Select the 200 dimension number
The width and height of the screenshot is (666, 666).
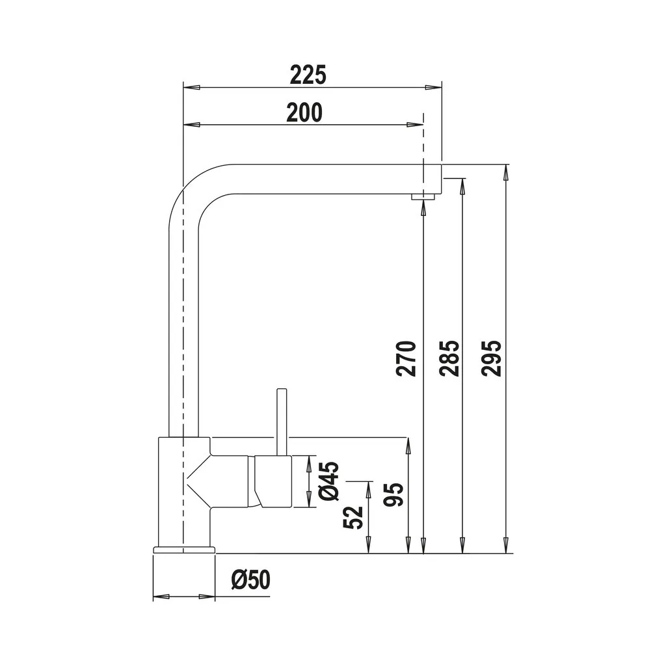coord(304,112)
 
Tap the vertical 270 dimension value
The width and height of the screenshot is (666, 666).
coord(406,358)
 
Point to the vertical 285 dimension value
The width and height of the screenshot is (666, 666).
coord(450,358)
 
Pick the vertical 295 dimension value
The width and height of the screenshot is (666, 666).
coord(492,358)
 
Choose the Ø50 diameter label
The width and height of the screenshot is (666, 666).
coord(251,579)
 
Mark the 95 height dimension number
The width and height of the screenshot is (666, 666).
coord(393,495)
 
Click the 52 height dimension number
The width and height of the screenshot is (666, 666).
coord(353,517)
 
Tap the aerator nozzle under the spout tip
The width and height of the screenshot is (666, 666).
coord(423,196)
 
